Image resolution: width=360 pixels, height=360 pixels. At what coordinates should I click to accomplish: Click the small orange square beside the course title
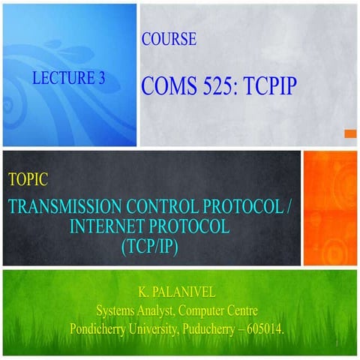(x=349, y=133)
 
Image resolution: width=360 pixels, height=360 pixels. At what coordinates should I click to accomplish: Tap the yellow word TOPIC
(x=28, y=179)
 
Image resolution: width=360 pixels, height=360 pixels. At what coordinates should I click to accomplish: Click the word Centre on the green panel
(x=251, y=307)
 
